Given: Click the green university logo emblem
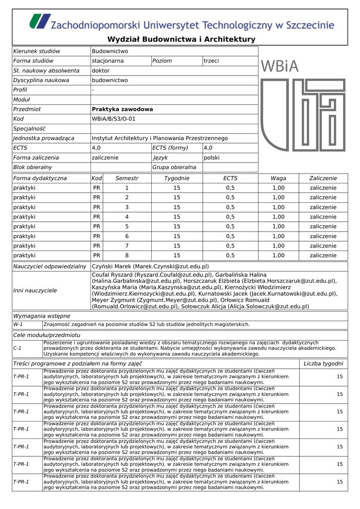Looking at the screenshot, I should pyautogui.click(x=39, y=22).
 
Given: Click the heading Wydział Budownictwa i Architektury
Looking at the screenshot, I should pyautogui.click(x=181, y=39).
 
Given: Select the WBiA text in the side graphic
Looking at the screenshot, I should pyautogui.click(x=278, y=66).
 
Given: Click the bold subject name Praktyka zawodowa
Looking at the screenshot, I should pyautogui.click(x=122, y=109).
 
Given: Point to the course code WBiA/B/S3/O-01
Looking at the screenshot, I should pyautogui.click(x=113, y=119).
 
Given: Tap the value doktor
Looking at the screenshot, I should pyautogui.click(x=101, y=71).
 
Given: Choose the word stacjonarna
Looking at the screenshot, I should pyautogui.click(x=108, y=61).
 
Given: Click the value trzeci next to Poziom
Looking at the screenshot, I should pyautogui.click(x=211, y=61).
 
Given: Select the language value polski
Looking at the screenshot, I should pyautogui.click(x=212, y=158).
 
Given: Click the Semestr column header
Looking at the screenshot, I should pyautogui.click(x=126, y=178).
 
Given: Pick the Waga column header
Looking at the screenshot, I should pyautogui.click(x=278, y=178).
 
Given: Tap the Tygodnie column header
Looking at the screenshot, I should pyautogui.click(x=177, y=178).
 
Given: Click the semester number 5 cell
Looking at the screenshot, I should pyautogui.click(x=126, y=226).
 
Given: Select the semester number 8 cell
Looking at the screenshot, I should pyautogui.click(x=126, y=255).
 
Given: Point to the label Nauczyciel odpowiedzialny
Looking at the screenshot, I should pyautogui.click(x=50, y=266).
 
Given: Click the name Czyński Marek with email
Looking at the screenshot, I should pyautogui.click(x=150, y=266).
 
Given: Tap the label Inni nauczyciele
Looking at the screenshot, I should pyautogui.click(x=35, y=291).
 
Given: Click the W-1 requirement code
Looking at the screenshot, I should pyautogui.click(x=18, y=325).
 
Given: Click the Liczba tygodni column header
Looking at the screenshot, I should pyautogui.click(x=323, y=364).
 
